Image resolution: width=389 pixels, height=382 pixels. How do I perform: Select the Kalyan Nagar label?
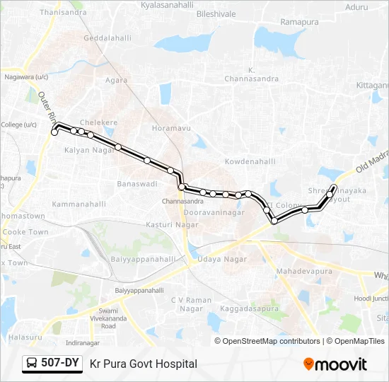click(x=90, y=150)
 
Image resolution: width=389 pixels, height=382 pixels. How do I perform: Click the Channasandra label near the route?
click(x=182, y=201)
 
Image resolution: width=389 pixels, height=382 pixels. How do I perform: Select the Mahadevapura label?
click(x=303, y=271)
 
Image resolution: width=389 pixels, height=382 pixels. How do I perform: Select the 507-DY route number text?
click(x=59, y=364)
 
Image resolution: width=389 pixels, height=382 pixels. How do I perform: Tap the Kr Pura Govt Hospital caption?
click(x=144, y=364)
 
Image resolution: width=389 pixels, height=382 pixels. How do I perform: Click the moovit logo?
click(x=335, y=364)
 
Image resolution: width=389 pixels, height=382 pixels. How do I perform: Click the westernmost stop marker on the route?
click(x=54, y=132)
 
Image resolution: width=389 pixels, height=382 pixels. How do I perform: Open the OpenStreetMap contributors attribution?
click(x=272, y=341)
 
